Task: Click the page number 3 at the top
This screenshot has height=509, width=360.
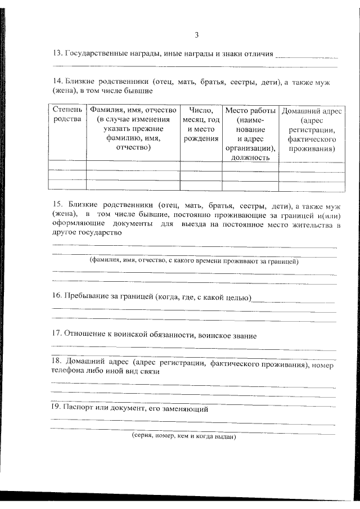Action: [x=196, y=35]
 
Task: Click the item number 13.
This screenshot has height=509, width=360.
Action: [x=56, y=55]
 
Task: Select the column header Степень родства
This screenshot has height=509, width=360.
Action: [x=67, y=115]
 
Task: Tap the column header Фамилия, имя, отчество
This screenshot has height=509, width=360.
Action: [x=133, y=110]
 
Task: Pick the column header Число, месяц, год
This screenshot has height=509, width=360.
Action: [x=201, y=115]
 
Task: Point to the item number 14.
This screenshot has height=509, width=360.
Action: [x=56, y=82]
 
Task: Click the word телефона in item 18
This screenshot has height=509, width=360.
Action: [x=70, y=372]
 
